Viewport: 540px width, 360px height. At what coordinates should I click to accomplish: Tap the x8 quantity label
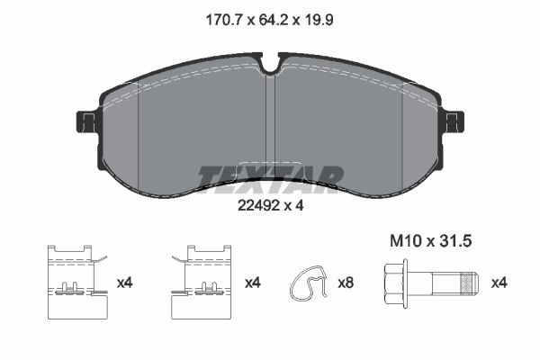point(346,283)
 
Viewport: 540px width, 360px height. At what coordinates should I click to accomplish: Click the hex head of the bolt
point(394,282)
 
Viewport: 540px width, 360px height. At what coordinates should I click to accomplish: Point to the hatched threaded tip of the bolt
point(465,282)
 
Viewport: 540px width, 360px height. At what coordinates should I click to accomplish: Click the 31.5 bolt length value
point(455,240)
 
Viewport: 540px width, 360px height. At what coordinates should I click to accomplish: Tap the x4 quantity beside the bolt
point(499,283)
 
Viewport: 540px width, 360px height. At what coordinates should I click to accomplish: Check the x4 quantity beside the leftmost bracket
point(125,283)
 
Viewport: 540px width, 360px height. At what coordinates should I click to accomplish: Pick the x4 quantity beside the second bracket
point(253,283)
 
